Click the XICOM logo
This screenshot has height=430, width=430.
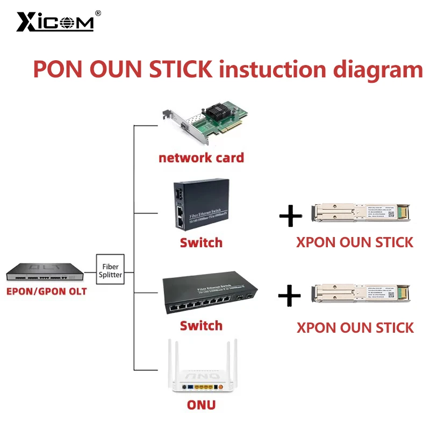click(54, 22)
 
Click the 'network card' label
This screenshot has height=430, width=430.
click(201, 157)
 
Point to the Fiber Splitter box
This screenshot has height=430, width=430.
click(110, 270)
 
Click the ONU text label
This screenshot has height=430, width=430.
click(201, 405)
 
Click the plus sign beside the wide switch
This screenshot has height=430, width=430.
click(291, 295)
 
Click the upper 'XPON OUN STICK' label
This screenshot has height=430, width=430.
click(355, 242)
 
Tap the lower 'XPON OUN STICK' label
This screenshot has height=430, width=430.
click(355, 327)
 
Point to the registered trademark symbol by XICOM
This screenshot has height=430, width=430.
click(97, 13)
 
